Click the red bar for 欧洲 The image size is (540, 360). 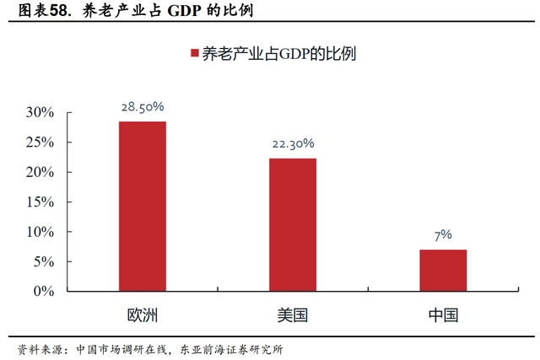[142, 207]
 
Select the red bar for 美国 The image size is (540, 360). [293, 224]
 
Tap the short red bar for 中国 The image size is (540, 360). [443, 270]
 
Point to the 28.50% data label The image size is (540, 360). [142, 108]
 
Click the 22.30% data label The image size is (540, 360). [293, 144]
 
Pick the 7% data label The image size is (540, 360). [443, 235]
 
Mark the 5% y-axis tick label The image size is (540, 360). [43, 261]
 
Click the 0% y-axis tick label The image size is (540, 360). [43, 291]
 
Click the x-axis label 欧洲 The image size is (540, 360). [142, 315]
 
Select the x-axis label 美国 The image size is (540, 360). [293, 315]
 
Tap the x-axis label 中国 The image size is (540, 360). [443, 315]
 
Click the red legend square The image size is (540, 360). [195, 55]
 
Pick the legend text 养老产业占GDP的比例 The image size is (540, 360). [279, 55]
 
